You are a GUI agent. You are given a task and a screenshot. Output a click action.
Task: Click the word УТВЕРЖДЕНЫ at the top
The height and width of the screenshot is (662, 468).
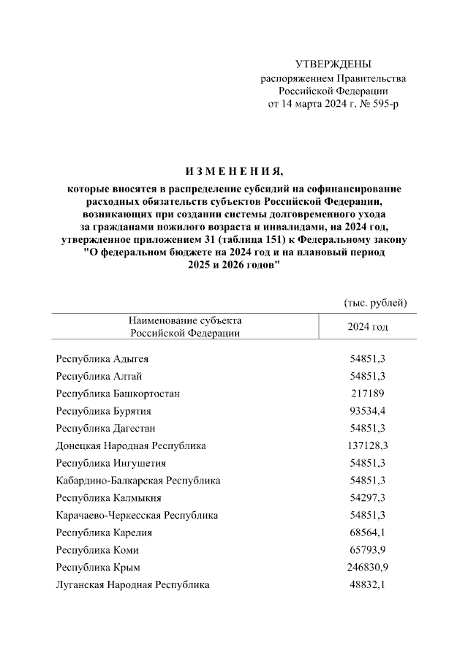point(333,65)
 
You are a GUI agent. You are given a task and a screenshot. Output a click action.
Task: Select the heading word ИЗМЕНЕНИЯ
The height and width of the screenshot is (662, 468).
point(233,172)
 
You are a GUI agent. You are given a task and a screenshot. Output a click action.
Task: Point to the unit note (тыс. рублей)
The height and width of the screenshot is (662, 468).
point(375,302)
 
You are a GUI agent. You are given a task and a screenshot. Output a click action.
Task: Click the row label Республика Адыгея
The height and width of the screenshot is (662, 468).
point(102,359)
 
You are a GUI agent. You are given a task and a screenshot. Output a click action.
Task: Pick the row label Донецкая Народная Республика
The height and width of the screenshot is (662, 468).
point(131,445)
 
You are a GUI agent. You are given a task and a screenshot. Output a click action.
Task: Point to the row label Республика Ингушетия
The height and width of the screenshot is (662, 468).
point(110,463)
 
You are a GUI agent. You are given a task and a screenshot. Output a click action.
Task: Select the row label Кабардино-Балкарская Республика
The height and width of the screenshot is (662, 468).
point(138,481)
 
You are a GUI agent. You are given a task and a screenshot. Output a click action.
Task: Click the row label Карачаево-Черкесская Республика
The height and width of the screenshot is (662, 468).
point(137,516)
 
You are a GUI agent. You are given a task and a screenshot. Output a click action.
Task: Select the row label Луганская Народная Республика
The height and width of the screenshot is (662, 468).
point(132,585)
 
